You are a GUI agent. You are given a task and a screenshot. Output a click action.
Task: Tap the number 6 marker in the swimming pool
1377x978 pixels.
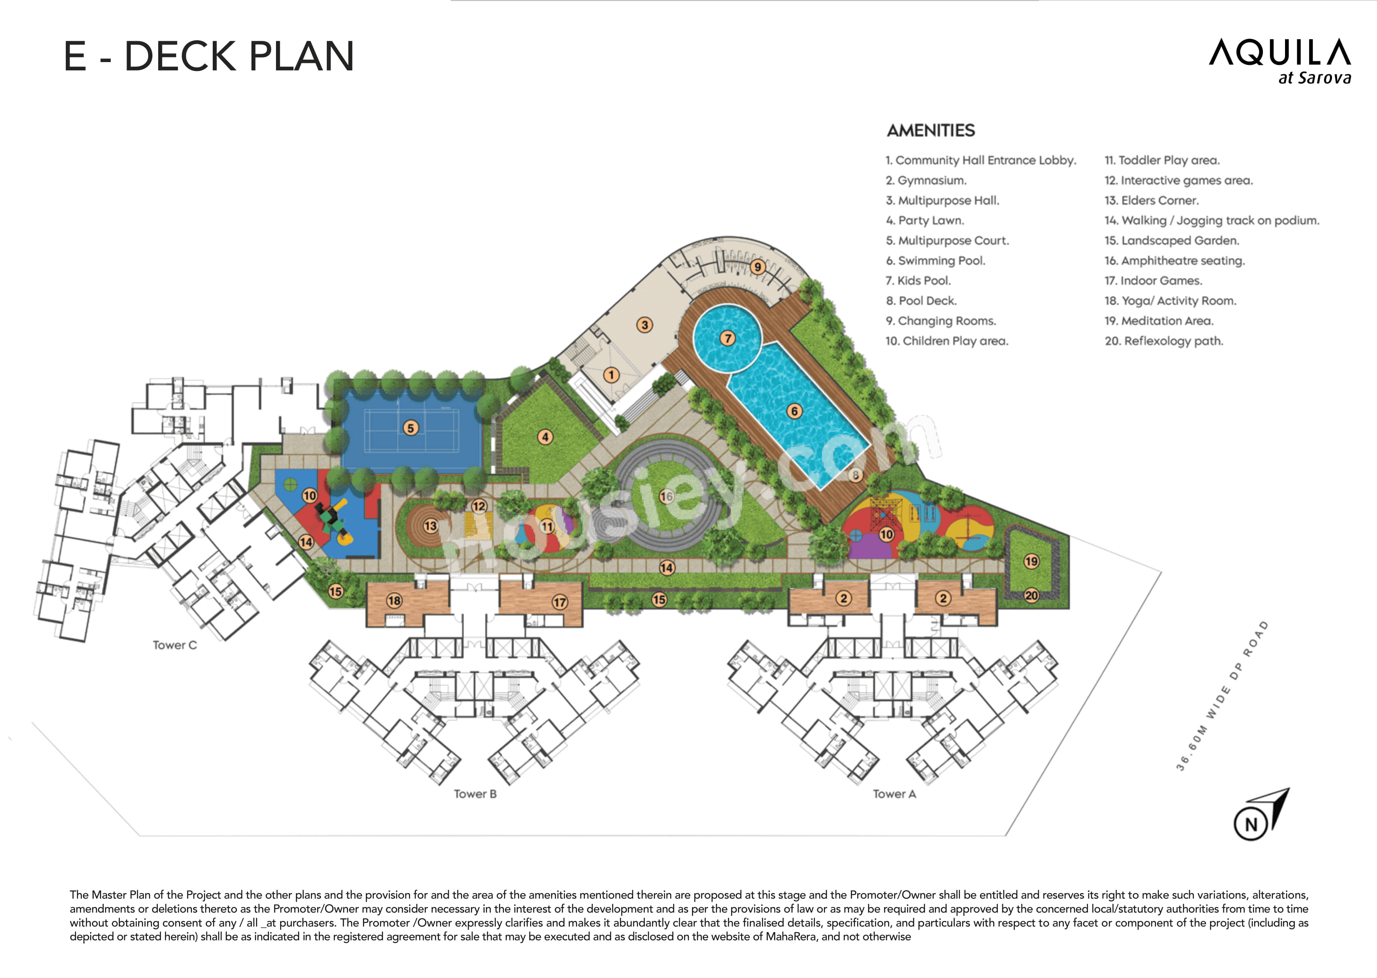pos(794,411)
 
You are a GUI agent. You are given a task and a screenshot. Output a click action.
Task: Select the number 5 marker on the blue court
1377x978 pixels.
pos(410,428)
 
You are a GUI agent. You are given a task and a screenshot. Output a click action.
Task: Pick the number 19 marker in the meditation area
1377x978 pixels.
pos(1032,561)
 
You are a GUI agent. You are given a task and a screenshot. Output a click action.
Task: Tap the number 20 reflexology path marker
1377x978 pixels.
pos(1032,596)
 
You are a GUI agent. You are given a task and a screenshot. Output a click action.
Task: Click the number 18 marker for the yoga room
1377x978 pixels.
pos(394,600)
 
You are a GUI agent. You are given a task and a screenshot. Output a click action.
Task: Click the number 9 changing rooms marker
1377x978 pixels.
pos(758,267)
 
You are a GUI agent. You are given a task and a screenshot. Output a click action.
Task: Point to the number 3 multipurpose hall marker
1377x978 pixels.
pos(644,325)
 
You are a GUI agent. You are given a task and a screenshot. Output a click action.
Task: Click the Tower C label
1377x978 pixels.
pos(174,645)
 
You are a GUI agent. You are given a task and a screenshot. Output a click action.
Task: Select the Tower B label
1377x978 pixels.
pos(475,794)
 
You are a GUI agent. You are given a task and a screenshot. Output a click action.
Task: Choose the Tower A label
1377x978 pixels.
pos(894,794)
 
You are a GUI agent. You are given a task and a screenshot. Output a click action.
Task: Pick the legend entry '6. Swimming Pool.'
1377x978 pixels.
pos(935,261)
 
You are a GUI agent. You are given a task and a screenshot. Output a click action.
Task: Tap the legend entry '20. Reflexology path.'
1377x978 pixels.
pos(1163,341)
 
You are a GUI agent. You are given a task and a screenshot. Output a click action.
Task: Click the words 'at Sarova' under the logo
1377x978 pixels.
pos(1315,78)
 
